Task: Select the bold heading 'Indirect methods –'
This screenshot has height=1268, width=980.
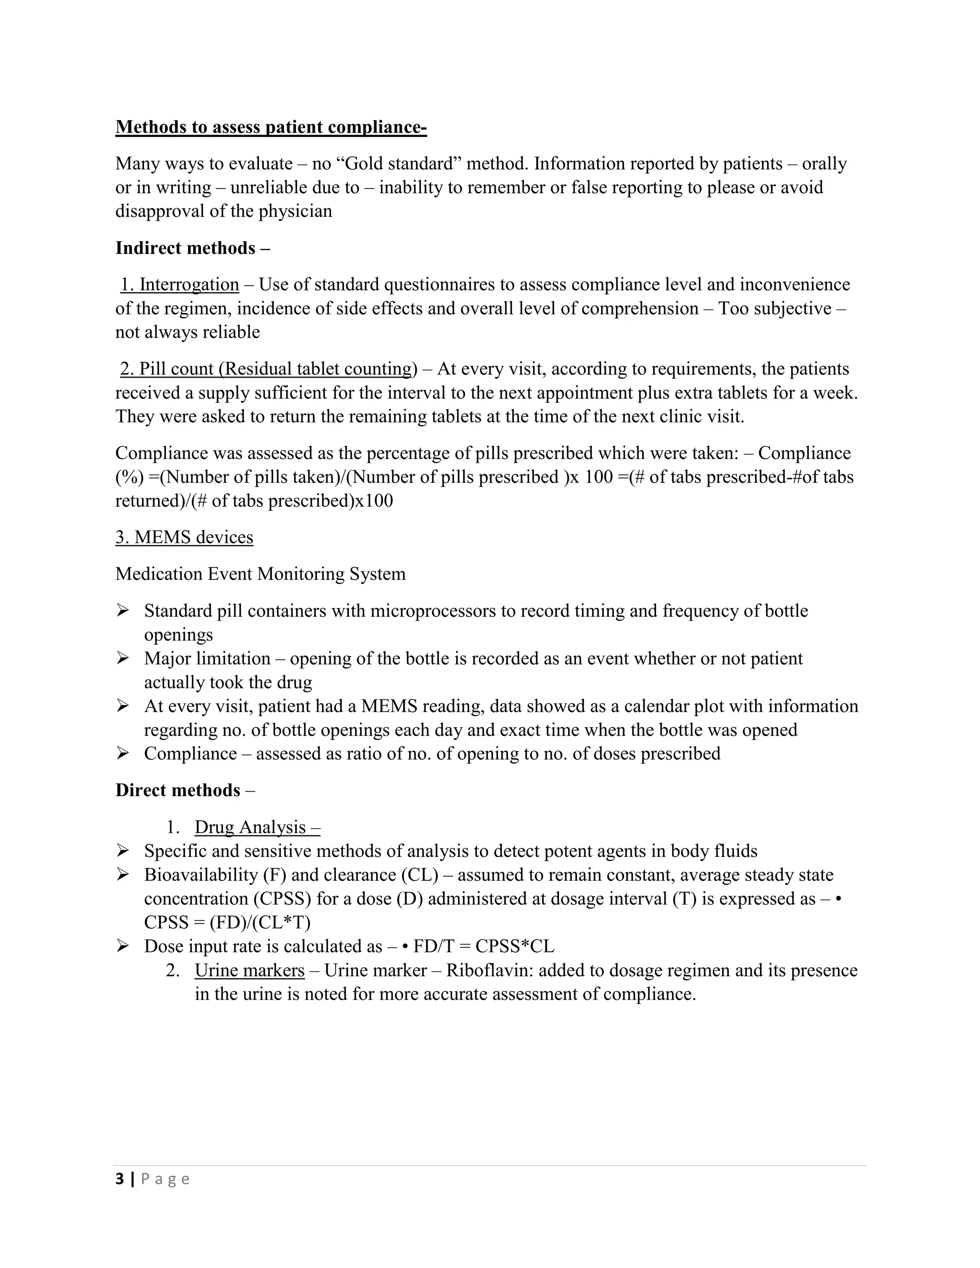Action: point(192,248)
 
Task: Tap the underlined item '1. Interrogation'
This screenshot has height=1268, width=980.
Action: point(179,285)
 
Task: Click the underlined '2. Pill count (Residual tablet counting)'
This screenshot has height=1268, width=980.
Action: point(268,368)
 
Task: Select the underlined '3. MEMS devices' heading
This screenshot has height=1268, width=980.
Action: point(184,537)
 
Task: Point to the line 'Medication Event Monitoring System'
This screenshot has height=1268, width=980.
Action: point(260,574)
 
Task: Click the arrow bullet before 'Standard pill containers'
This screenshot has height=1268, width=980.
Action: point(122,610)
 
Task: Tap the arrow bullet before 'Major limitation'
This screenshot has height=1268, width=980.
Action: point(122,658)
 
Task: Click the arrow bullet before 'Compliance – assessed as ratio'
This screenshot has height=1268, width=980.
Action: point(122,753)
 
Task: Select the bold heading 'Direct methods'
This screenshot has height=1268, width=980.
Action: point(178,790)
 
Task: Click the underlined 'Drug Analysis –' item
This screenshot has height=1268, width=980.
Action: point(257,827)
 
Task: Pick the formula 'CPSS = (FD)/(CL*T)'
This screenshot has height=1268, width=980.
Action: point(227,922)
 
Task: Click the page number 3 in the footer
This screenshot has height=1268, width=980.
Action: point(120,1179)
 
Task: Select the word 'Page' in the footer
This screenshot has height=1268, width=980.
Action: point(166,1179)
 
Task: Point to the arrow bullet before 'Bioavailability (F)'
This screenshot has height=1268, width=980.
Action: point(122,874)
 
